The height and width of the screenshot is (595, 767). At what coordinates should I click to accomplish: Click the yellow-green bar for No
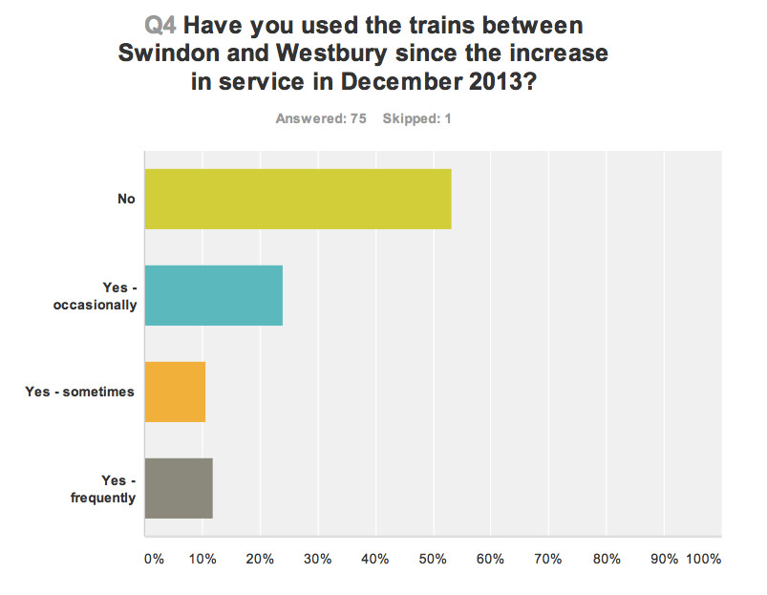click(x=297, y=199)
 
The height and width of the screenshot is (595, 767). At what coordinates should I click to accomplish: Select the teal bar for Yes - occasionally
click(x=213, y=295)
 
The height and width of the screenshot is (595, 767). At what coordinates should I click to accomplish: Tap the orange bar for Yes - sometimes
click(x=175, y=392)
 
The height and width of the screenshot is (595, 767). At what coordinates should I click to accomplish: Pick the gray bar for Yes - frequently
click(x=179, y=488)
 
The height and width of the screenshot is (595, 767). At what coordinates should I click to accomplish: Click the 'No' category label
click(x=126, y=199)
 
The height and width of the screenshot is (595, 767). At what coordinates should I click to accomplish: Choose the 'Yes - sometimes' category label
click(x=80, y=392)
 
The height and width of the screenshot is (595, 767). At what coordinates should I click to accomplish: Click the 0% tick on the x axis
click(x=154, y=558)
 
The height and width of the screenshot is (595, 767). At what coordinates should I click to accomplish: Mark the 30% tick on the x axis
click(x=318, y=558)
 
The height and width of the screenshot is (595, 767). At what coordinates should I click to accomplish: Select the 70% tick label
click(x=548, y=558)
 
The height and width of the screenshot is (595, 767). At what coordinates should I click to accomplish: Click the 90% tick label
click(x=664, y=558)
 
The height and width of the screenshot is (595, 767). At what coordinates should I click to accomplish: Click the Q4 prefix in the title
click(x=160, y=24)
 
